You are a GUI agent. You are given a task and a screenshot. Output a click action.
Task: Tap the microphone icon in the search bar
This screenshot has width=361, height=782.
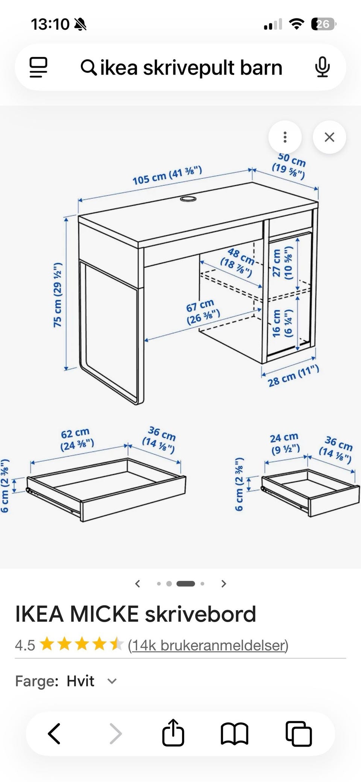point(322,67)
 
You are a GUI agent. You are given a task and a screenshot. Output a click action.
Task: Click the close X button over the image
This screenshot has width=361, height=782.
point(329,137)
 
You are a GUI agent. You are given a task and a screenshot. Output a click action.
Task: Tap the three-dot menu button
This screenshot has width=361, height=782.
point(285,137)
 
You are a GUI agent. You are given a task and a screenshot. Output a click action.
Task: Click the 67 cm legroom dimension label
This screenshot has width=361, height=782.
point(202,312)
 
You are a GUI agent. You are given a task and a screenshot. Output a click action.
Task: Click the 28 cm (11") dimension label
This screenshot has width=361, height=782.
point(293,376)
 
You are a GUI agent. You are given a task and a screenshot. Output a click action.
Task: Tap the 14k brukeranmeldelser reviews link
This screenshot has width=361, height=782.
point(208,645)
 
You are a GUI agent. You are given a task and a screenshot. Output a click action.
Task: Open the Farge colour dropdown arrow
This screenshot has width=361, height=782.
point(112,681)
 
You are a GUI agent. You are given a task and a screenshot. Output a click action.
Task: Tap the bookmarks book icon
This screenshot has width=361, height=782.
point(234,733)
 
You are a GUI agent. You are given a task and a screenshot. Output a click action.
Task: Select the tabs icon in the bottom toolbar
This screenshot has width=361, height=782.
point(299,733)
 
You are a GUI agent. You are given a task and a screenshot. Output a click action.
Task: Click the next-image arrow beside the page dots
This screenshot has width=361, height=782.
point(224,584)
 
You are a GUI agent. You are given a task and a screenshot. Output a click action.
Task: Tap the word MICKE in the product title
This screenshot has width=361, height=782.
point(104,614)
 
